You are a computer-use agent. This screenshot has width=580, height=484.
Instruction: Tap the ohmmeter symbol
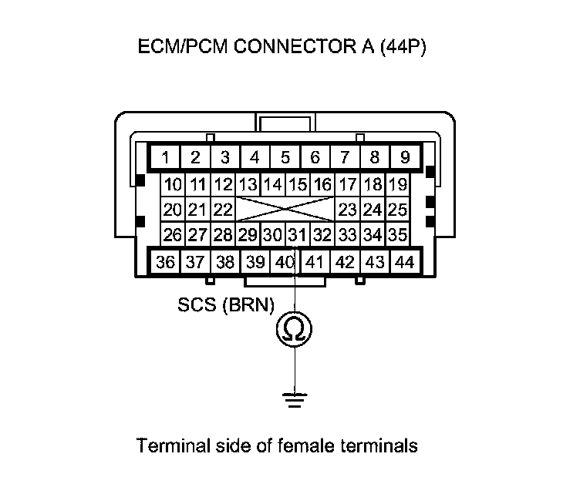(294, 330)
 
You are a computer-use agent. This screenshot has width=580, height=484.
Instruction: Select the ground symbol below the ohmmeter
(294, 398)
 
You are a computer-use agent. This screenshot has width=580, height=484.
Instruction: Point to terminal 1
(166, 159)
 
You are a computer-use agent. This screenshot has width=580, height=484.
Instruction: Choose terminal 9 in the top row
(404, 159)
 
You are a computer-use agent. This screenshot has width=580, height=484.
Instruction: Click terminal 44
(403, 262)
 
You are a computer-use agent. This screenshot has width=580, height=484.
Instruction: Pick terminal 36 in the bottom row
(165, 262)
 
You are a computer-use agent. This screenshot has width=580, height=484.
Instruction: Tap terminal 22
(223, 210)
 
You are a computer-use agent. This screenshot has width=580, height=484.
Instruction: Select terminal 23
(347, 210)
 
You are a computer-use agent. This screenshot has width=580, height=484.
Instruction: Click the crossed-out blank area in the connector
(285, 210)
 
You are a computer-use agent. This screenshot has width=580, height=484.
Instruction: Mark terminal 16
(322, 185)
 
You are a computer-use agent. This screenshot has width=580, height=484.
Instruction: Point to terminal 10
(173, 185)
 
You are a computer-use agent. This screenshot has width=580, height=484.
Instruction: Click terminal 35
(397, 234)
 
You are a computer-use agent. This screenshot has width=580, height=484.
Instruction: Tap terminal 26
(173, 234)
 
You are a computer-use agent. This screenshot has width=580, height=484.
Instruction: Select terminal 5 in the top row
(285, 159)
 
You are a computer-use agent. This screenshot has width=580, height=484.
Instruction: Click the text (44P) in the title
(400, 48)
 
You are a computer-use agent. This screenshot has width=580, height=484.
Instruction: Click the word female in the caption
(295, 445)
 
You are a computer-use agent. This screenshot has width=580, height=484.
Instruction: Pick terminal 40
(285, 262)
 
